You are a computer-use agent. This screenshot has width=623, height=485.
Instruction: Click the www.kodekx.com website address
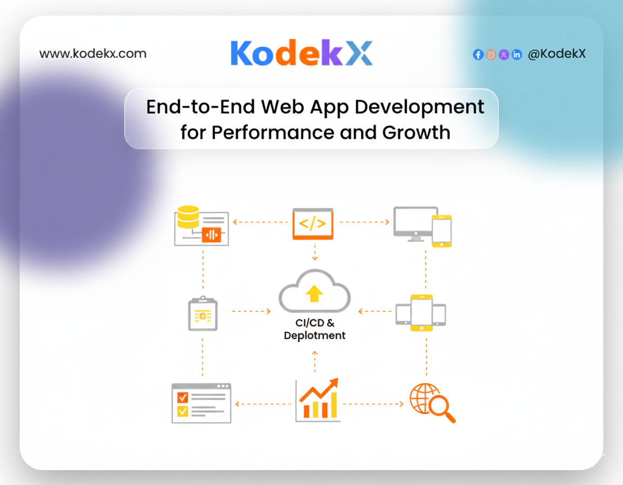[93, 53]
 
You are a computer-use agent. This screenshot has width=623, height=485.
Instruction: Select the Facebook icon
[478, 55]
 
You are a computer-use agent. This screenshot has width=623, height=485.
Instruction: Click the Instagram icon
[491, 55]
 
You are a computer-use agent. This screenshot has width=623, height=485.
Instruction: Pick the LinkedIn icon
[516, 55]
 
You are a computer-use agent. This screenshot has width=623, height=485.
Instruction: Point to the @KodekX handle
[556, 54]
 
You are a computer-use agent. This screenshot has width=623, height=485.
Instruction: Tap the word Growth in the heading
[416, 133]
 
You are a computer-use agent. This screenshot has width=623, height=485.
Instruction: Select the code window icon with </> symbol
[313, 224]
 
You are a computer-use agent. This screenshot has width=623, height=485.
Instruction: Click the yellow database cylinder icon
[188, 217]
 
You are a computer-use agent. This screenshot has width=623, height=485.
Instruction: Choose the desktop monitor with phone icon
[422, 226]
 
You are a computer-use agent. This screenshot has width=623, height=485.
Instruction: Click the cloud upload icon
[315, 291]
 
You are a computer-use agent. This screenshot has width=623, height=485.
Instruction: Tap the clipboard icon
[203, 313]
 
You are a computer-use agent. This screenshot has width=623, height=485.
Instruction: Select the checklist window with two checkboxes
[201, 403]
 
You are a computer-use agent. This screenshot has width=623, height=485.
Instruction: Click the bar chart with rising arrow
[318, 399]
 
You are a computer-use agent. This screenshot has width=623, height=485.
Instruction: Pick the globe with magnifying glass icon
[432, 402]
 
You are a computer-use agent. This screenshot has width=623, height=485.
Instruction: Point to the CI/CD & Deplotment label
[315, 329]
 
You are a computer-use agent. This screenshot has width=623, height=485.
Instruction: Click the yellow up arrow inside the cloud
[314, 294]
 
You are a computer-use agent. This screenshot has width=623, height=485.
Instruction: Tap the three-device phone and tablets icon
[421, 313]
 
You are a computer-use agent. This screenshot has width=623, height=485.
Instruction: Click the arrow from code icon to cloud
[315, 252]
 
